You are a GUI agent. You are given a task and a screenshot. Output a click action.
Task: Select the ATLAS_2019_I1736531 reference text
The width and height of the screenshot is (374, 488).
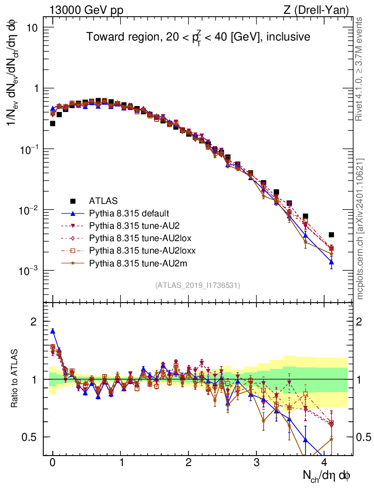(x=197, y=285)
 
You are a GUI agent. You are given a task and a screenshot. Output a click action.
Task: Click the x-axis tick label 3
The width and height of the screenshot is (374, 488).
(x=256, y=463)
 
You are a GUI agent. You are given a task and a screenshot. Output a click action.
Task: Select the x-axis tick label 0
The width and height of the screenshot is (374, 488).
(x=52, y=463)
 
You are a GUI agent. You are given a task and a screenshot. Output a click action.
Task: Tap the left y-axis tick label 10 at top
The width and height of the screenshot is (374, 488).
(x=31, y=28)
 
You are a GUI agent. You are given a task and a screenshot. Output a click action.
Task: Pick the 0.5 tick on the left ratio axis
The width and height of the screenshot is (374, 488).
(x=30, y=437)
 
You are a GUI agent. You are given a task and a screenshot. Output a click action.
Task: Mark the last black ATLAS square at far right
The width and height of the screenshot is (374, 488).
(x=331, y=234)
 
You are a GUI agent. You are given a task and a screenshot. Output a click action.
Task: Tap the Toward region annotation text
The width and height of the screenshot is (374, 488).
(x=198, y=37)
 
